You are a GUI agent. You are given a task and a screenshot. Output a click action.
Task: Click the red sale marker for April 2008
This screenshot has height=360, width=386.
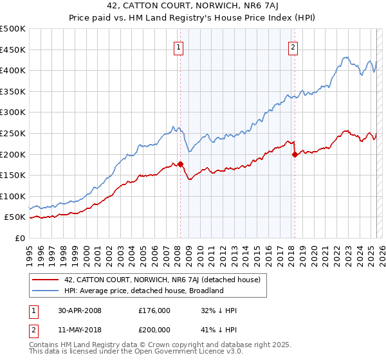[x=180, y=164]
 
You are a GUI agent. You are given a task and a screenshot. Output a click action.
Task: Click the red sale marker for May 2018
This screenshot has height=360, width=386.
[x=295, y=154]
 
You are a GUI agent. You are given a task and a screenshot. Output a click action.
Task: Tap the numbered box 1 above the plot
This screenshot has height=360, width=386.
[x=178, y=46]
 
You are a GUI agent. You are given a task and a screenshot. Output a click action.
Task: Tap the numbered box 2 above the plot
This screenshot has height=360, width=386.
[x=293, y=46]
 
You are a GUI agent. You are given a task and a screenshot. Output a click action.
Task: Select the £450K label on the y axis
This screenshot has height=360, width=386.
[x=13, y=50]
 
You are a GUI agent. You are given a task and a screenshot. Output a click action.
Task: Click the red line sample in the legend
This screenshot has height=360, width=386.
[x=46, y=280]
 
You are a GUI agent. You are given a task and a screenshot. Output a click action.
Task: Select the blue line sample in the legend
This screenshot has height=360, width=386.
[x=46, y=291]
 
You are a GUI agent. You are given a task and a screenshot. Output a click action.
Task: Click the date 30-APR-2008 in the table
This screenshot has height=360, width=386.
[x=80, y=310]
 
